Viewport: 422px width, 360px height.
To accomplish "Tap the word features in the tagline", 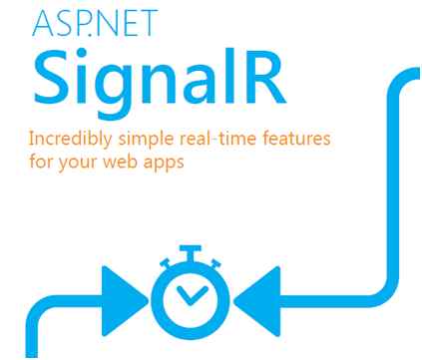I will coord(275,141).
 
